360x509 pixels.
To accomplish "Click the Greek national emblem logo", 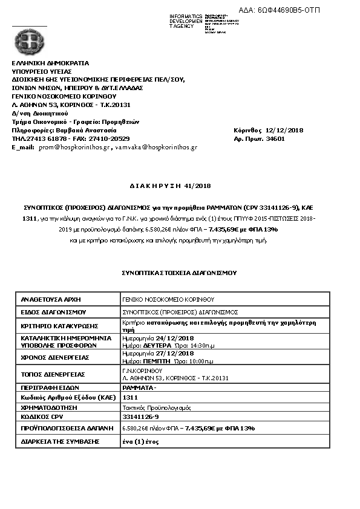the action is (28, 42).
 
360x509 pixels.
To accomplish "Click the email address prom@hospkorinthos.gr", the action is (74, 147).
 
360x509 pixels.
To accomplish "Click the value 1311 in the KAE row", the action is (128, 398).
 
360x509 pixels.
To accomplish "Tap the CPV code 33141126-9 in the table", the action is (140, 417).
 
